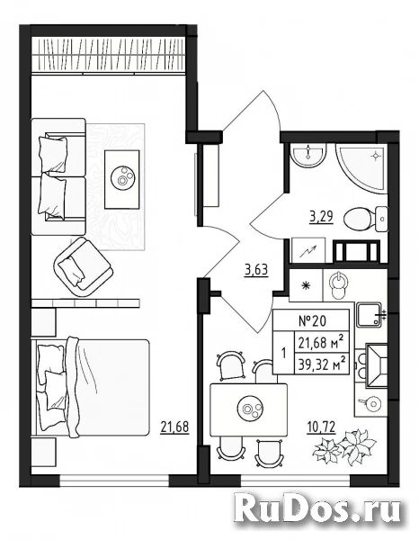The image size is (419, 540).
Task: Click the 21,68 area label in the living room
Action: pyautogui.click(x=174, y=427)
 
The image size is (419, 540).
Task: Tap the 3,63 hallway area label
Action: pyautogui.click(x=256, y=270)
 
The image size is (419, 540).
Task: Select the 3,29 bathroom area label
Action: pyautogui.click(x=321, y=217)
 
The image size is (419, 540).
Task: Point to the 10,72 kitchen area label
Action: pyautogui.click(x=321, y=427)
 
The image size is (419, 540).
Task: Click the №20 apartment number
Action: pyautogui.click(x=311, y=321)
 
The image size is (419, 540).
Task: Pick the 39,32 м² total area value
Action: pyautogui.click(x=321, y=364)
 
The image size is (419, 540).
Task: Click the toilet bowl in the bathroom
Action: pyautogui.click(x=365, y=219)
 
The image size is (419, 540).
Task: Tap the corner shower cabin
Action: pyautogui.click(x=361, y=170)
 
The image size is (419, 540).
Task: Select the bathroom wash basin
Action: pyautogui.click(x=308, y=155)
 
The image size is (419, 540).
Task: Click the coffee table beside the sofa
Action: pyautogui.click(x=122, y=179)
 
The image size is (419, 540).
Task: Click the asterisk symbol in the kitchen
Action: pyautogui.click(x=305, y=285)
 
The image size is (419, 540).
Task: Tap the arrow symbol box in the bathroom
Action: pyautogui.click(x=308, y=250)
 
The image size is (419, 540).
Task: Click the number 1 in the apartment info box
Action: pyautogui.click(x=283, y=354)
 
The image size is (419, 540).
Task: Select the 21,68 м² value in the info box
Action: pyautogui.click(x=321, y=343)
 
